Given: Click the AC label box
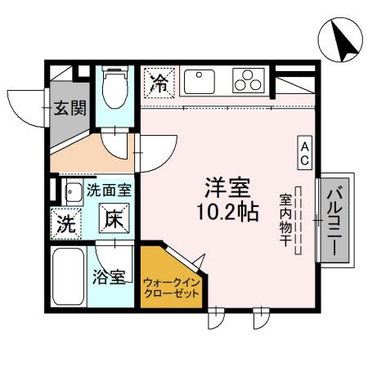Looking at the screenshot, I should [303, 153].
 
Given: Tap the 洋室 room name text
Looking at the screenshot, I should [227, 186].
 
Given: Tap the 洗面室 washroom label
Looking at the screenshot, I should [110, 191].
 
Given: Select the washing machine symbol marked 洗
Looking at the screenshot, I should [67, 221].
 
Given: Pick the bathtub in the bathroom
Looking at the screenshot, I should [67, 276].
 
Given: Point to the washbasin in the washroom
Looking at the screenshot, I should [70, 194].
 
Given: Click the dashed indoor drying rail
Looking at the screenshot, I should [299, 218].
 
